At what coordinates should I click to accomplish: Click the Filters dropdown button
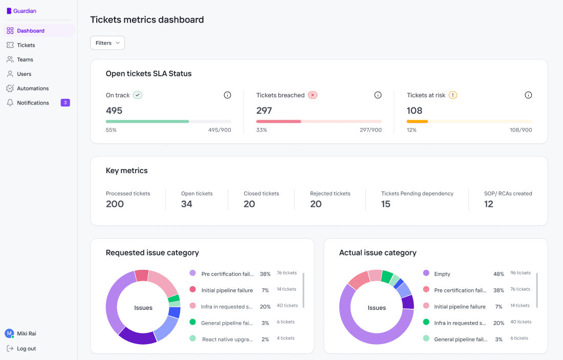(x=107, y=43)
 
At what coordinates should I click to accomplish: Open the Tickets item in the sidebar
(x=26, y=45)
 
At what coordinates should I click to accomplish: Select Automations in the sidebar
(x=32, y=89)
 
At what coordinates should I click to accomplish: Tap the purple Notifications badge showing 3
(x=65, y=103)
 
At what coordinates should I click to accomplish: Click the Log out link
(x=26, y=349)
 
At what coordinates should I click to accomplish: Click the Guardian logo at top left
(x=21, y=11)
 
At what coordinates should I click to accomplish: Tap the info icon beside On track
(x=227, y=95)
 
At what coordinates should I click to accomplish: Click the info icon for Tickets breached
(x=378, y=95)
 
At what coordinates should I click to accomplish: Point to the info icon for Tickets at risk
(x=528, y=95)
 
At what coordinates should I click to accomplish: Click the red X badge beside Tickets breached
(x=313, y=95)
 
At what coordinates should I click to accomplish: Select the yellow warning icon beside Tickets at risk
(x=453, y=95)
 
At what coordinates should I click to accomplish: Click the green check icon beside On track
(x=137, y=95)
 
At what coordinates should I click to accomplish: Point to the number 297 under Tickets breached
(x=264, y=111)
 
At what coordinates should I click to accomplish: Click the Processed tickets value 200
(x=115, y=204)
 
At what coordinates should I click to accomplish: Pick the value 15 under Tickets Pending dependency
(x=386, y=204)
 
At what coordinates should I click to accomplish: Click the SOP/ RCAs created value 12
(x=489, y=204)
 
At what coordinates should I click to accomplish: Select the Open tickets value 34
(x=187, y=204)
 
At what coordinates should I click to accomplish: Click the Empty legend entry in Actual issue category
(x=442, y=274)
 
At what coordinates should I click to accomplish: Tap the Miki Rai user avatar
(x=9, y=333)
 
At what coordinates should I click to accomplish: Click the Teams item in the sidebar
(x=25, y=59)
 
